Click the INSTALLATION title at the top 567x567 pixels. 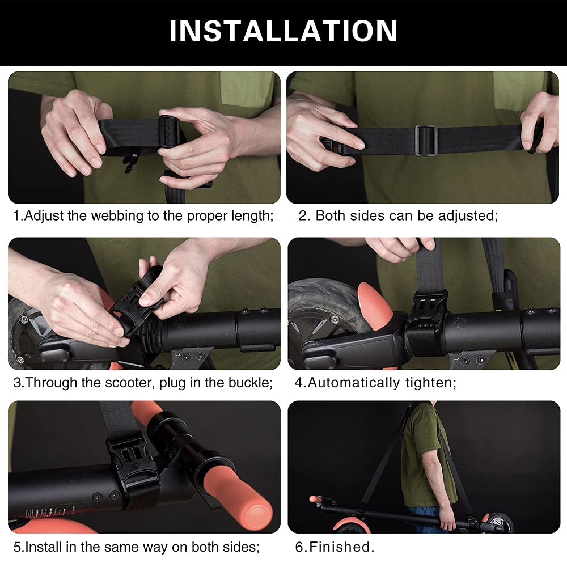point(283,31)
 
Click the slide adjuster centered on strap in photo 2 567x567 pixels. point(426,140)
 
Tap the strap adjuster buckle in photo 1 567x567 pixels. point(170,132)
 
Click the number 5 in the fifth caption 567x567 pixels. point(17,547)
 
